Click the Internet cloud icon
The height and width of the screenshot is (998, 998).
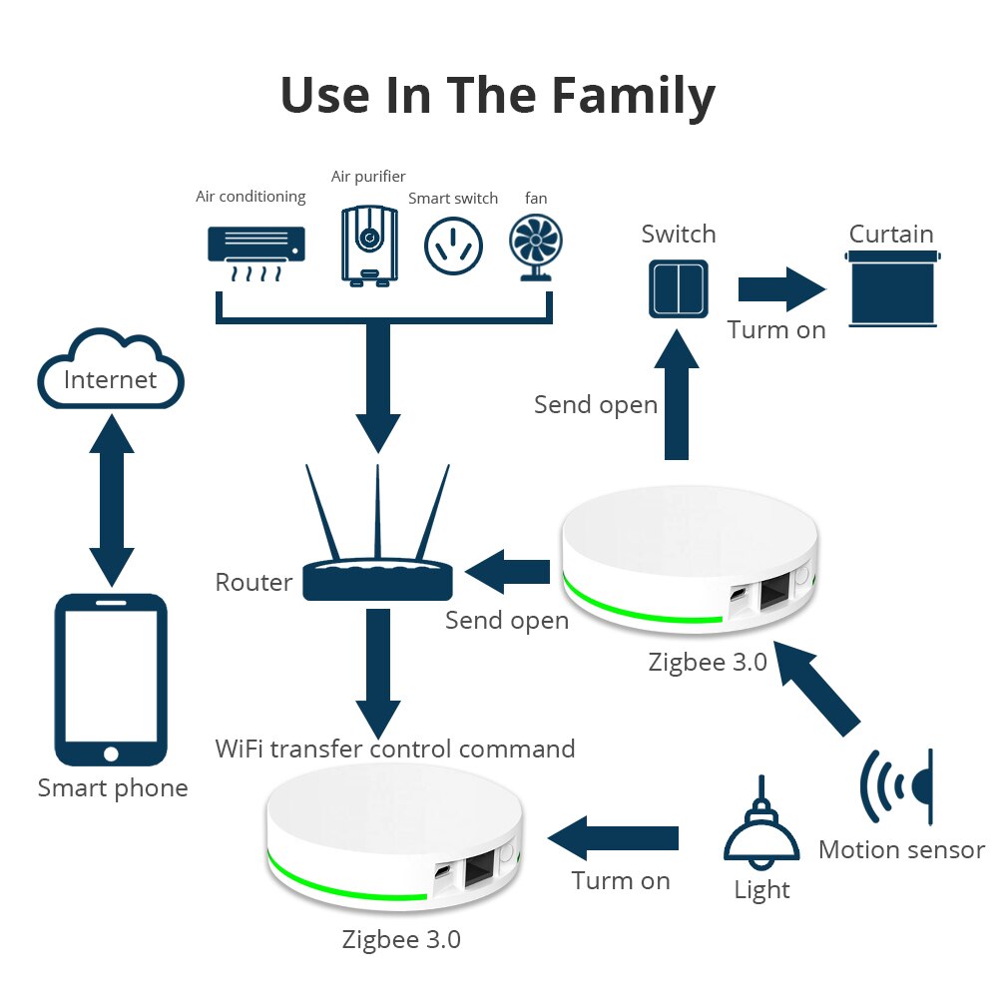coord(111,371)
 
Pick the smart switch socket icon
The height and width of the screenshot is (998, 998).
coord(453,246)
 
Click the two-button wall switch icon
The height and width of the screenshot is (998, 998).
coord(679,286)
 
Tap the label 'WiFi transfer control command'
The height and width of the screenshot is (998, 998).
coord(395,748)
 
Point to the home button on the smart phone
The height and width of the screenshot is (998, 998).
coord(111,752)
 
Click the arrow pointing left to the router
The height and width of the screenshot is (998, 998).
coord(508,572)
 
